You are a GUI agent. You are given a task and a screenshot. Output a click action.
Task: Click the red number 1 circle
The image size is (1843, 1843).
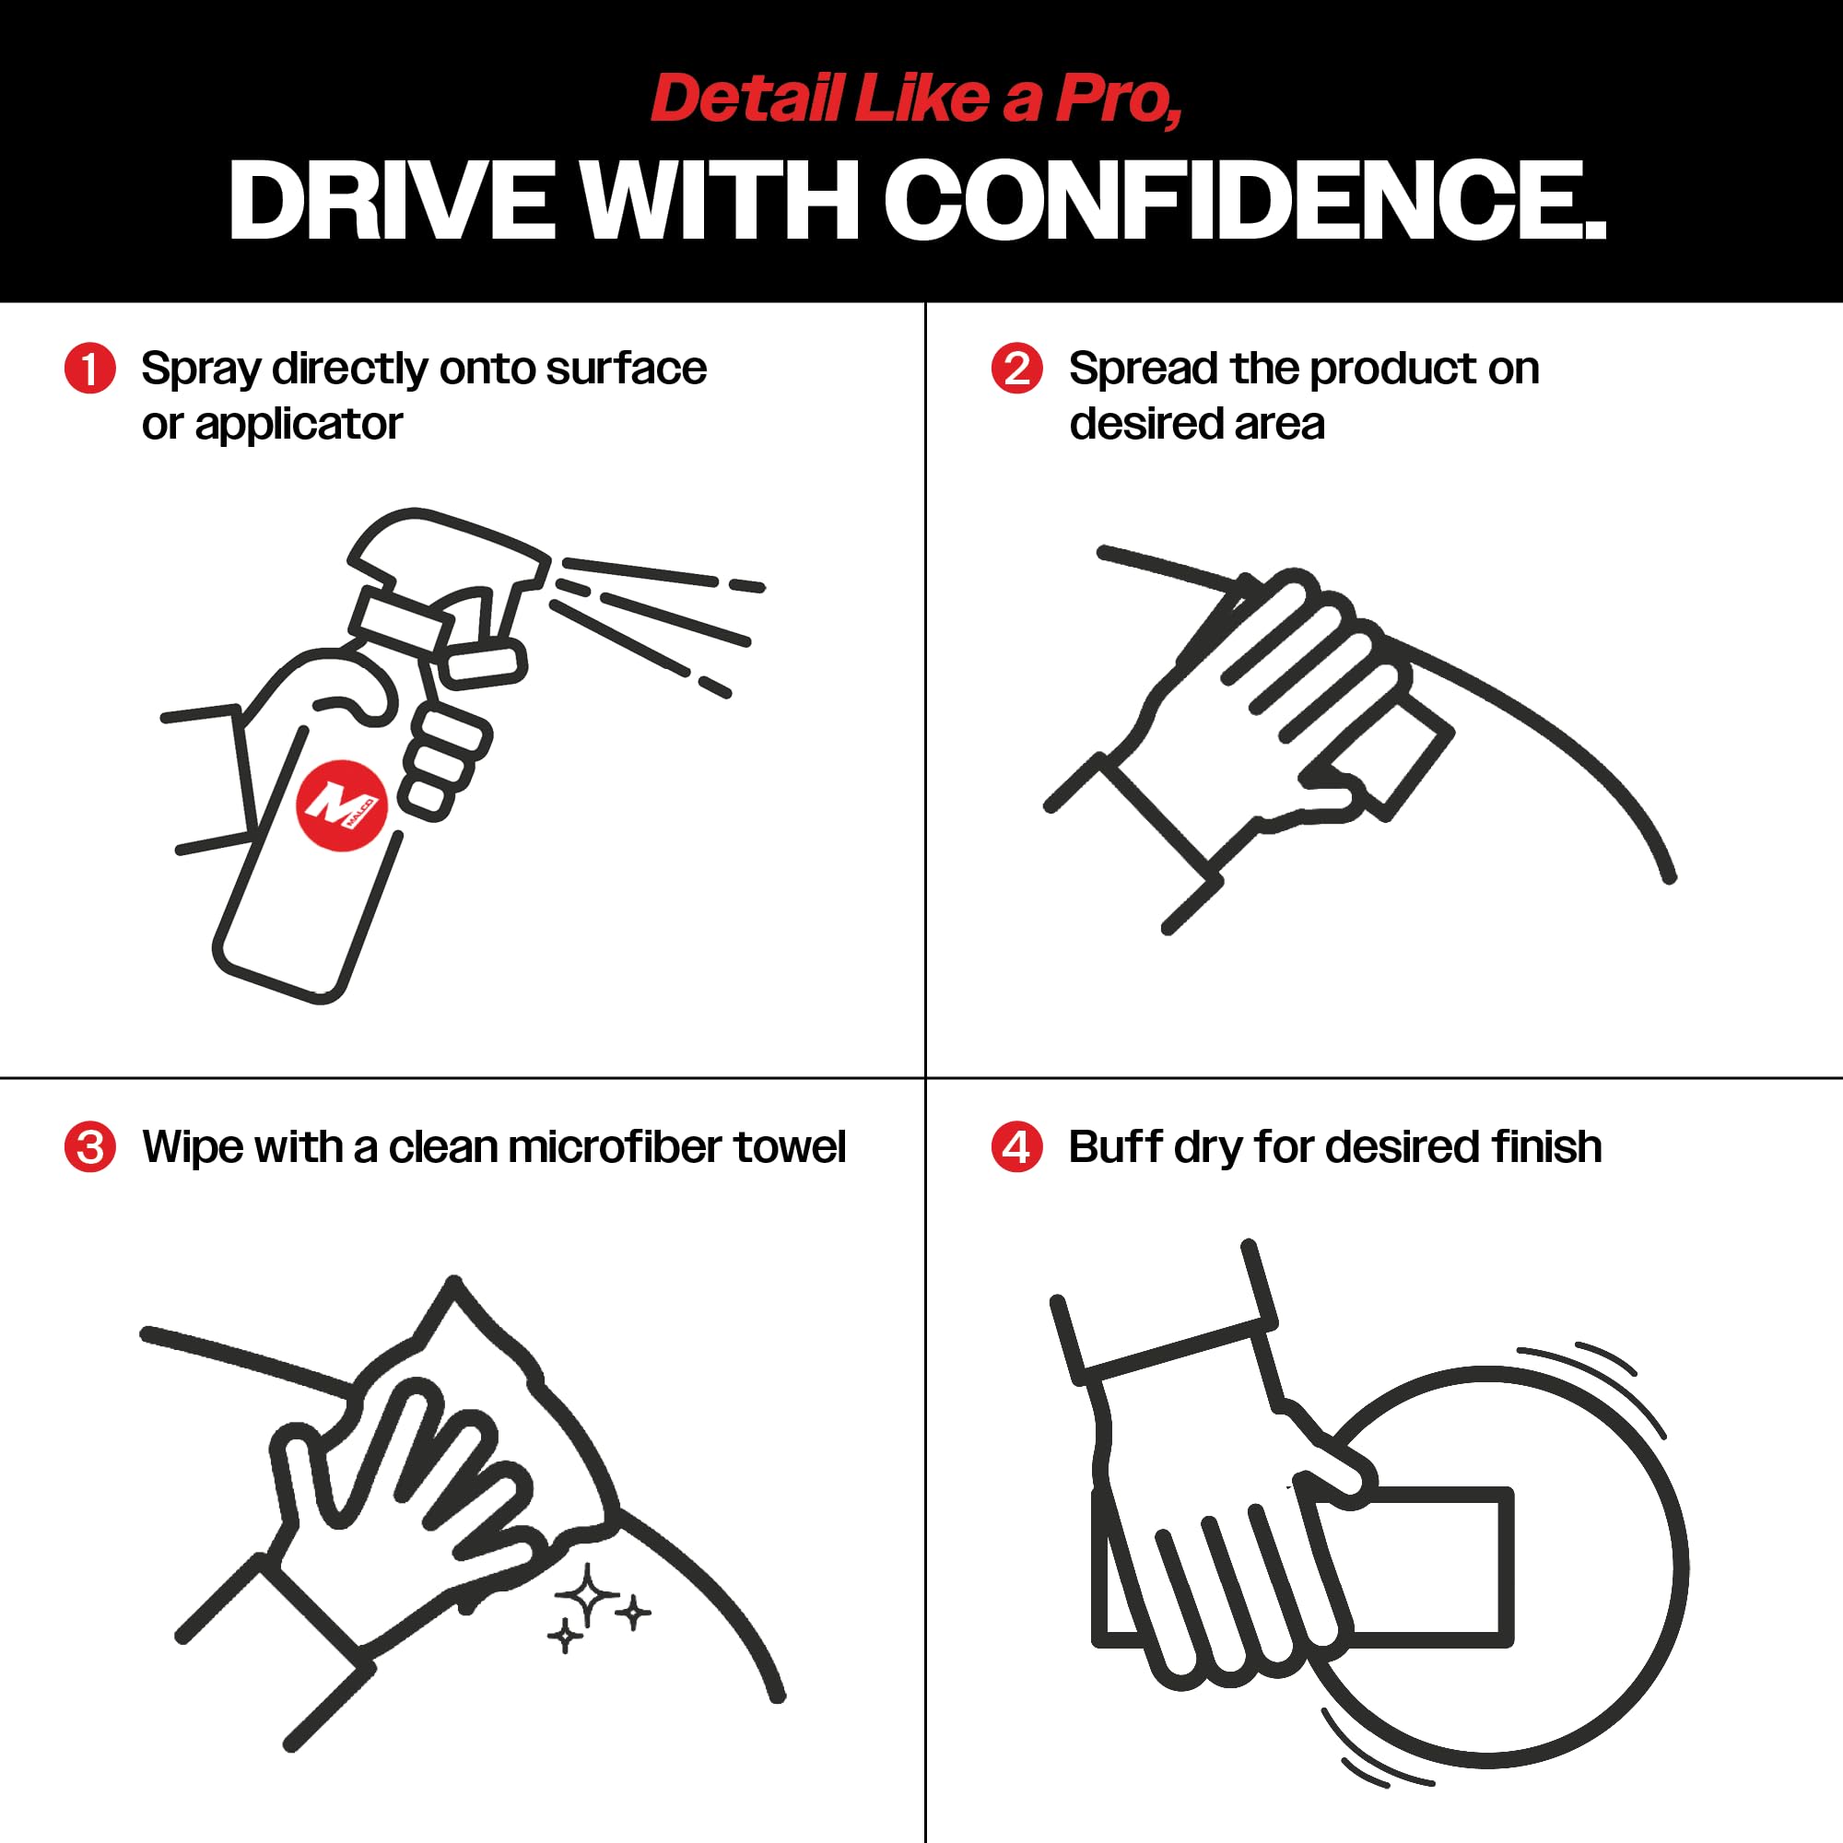(x=89, y=369)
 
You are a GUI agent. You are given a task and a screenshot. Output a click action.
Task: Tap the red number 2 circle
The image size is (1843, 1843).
(x=1017, y=369)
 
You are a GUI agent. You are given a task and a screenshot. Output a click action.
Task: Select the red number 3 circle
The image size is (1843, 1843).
(x=89, y=1146)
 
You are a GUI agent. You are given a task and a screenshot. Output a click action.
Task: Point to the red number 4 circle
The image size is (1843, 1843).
(x=1017, y=1146)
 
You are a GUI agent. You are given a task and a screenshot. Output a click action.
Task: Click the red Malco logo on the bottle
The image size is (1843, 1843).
(x=342, y=805)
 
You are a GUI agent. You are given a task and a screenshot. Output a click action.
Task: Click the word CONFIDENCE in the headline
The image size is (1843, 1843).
(x=1245, y=200)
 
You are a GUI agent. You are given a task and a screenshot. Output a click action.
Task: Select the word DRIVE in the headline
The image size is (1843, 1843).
(x=391, y=200)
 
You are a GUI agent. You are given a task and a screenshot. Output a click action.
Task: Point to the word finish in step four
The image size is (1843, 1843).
(x=1546, y=1146)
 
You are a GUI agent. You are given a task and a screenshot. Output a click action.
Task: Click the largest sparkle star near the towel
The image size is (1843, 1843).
(x=588, y=1595)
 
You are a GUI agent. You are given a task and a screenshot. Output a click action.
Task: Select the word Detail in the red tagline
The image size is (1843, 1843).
(x=747, y=99)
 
